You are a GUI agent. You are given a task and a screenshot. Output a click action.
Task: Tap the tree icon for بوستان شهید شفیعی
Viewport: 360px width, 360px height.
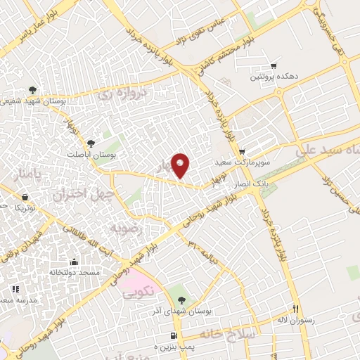[33, 89]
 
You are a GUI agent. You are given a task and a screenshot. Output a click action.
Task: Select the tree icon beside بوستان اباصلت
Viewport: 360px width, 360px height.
[91, 143]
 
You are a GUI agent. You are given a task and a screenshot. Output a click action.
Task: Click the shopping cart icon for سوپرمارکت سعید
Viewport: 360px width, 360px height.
[243, 152]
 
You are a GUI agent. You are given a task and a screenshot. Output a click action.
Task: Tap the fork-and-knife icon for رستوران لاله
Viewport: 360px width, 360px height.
[296, 309]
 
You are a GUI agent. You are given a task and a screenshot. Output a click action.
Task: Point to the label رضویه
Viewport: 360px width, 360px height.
[126, 229]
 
